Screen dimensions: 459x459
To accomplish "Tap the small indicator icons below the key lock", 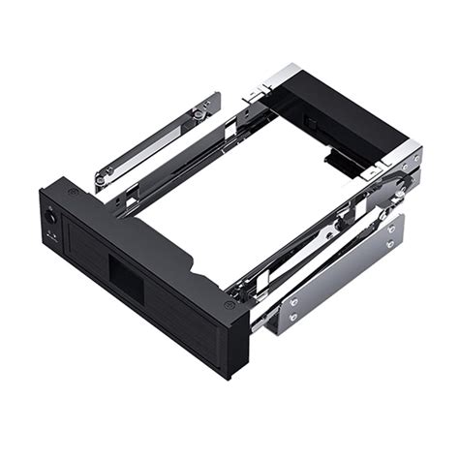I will (x=54, y=236).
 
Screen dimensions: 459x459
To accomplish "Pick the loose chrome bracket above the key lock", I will (x=157, y=141).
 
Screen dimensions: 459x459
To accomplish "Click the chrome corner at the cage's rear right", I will (x=408, y=155).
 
